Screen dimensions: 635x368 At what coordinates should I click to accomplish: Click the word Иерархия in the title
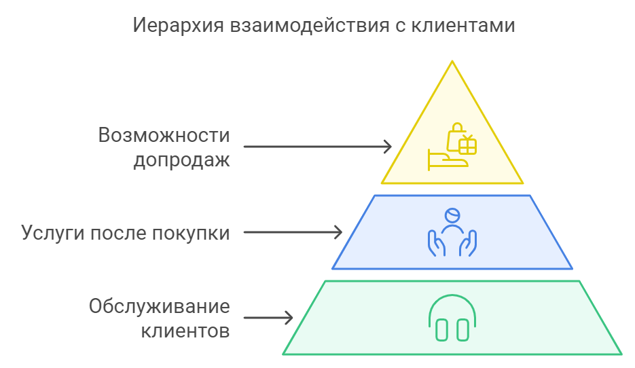click(178, 26)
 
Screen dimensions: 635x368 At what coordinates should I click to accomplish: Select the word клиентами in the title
click(463, 26)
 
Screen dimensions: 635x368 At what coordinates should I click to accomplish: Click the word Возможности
click(164, 135)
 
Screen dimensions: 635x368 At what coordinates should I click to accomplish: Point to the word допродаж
click(182, 160)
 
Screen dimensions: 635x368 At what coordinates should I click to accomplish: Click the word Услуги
click(53, 234)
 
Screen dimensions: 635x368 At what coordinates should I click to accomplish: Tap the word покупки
click(191, 234)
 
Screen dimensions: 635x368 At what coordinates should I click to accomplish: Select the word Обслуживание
click(160, 306)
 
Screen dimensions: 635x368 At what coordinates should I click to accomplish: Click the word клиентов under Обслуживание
click(185, 331)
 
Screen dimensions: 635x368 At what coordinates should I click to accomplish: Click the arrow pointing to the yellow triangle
click(318, 147)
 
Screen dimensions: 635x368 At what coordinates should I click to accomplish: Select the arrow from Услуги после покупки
click(293, 232)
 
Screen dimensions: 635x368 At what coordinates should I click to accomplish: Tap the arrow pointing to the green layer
click(268, 317)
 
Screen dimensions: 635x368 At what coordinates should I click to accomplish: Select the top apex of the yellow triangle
click(452, 61)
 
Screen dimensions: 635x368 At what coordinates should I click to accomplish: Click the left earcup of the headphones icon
click(441, 330)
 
